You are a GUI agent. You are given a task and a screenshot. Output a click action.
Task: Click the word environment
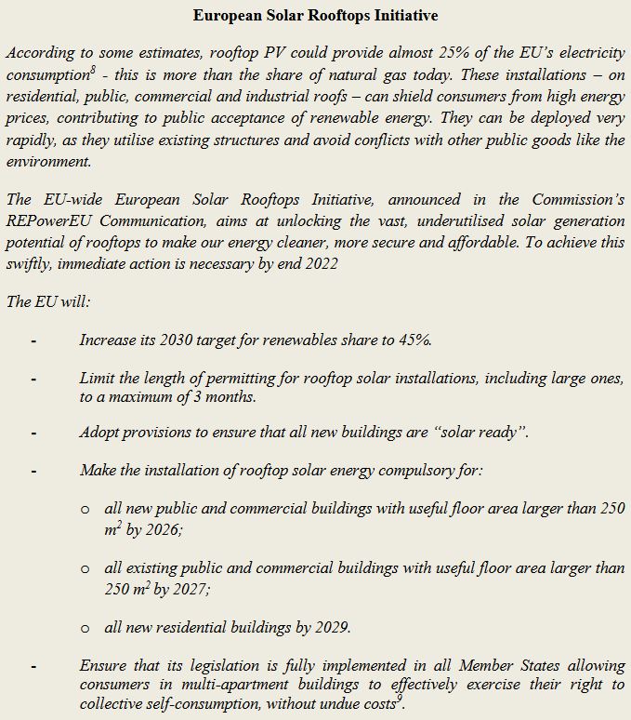click(49, 160)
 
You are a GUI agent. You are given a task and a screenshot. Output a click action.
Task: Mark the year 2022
click(320, 263)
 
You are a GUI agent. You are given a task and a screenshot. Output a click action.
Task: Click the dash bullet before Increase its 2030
click(33, 340)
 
